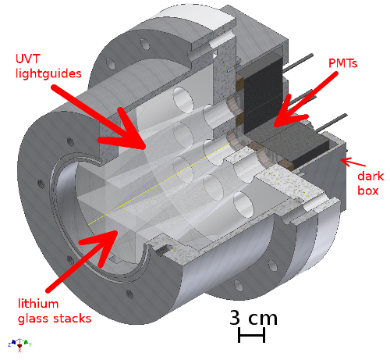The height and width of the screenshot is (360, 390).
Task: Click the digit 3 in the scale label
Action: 236,318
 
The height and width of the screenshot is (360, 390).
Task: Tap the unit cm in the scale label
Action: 262,319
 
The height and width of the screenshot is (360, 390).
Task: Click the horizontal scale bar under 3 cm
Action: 252,336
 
